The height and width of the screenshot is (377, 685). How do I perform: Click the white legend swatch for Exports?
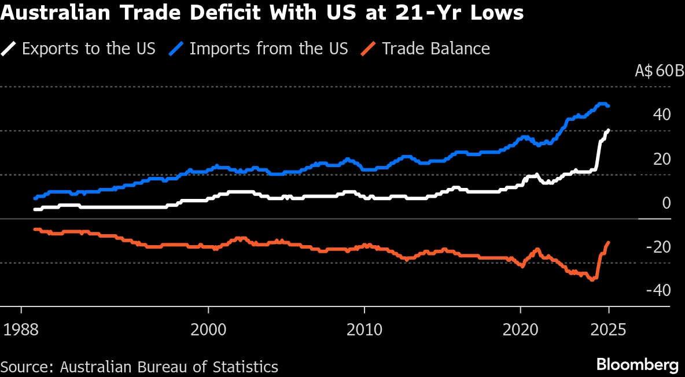pyautogui.click(x=9, y=49)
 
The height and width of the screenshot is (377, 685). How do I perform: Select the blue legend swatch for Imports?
pyautogui.click(x=177, y=49)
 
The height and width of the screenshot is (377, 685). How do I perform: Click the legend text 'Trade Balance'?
pyautogui.click(x=436, y=49)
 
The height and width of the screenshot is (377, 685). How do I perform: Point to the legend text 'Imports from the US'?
pyautogui.click(x=268, y=49)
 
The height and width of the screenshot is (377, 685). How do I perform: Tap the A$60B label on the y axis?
pyautogui.click(x=653, y=72)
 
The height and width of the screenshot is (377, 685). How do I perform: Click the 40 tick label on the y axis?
pyautogui.click(x=661, y=115)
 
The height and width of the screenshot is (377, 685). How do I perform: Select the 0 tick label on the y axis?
pyautogui.click(x=666, y=203)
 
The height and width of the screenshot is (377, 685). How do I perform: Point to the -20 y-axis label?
pyautogui.click(x=658, y=247)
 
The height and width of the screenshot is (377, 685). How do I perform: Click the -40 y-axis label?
pyautogui.click(x=658, y=290)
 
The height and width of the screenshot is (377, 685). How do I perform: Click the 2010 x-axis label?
pyautogui.click(x=364, y=330)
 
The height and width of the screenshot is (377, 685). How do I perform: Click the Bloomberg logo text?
pyautogui.click(x=637, y=365)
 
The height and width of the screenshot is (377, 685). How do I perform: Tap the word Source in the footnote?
pyautogui.click(x=25, y=367)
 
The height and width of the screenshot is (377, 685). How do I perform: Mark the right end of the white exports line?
pyautogui.click(x=608, y=130)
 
